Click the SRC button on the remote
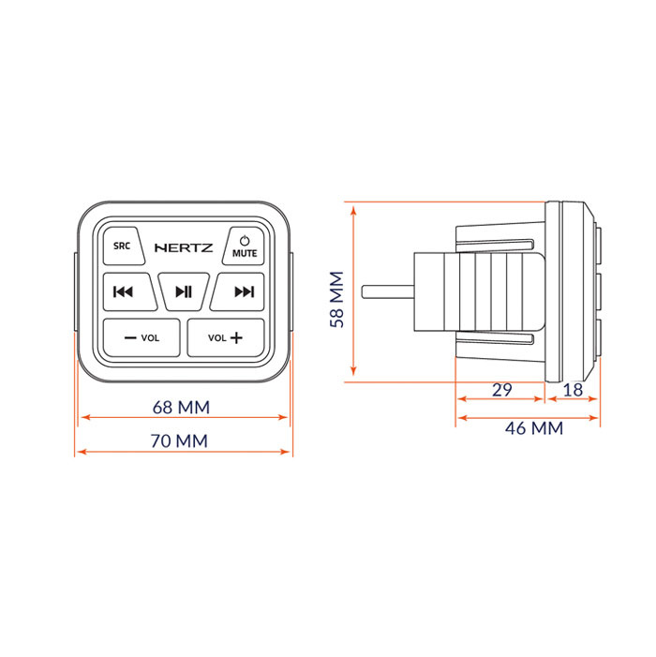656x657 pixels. [x=123, y=246]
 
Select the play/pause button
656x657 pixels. [x=184, y=291]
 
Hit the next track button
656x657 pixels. [x=238, y=291]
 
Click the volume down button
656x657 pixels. [x=142, y=337]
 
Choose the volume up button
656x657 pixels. [x=226, y=337]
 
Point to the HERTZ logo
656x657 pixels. [x=184, y=247]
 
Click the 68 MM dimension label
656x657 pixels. [x=181, y=408]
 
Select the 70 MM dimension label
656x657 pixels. [x=179, y=441]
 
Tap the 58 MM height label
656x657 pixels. [x=336, y=299]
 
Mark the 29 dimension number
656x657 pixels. [x=502, y=390]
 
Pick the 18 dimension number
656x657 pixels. [x=573, y=390]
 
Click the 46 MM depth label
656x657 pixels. [x=534, y=428]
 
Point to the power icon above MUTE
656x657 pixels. [x=245, y=241]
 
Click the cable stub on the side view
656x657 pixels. [x=388, y=292]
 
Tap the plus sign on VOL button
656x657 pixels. [x=236, y=337]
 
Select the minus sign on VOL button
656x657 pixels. [x=130, y=337]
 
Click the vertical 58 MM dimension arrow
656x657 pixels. [x=353, y=291]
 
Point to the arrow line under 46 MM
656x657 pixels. [x=528, y=418]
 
